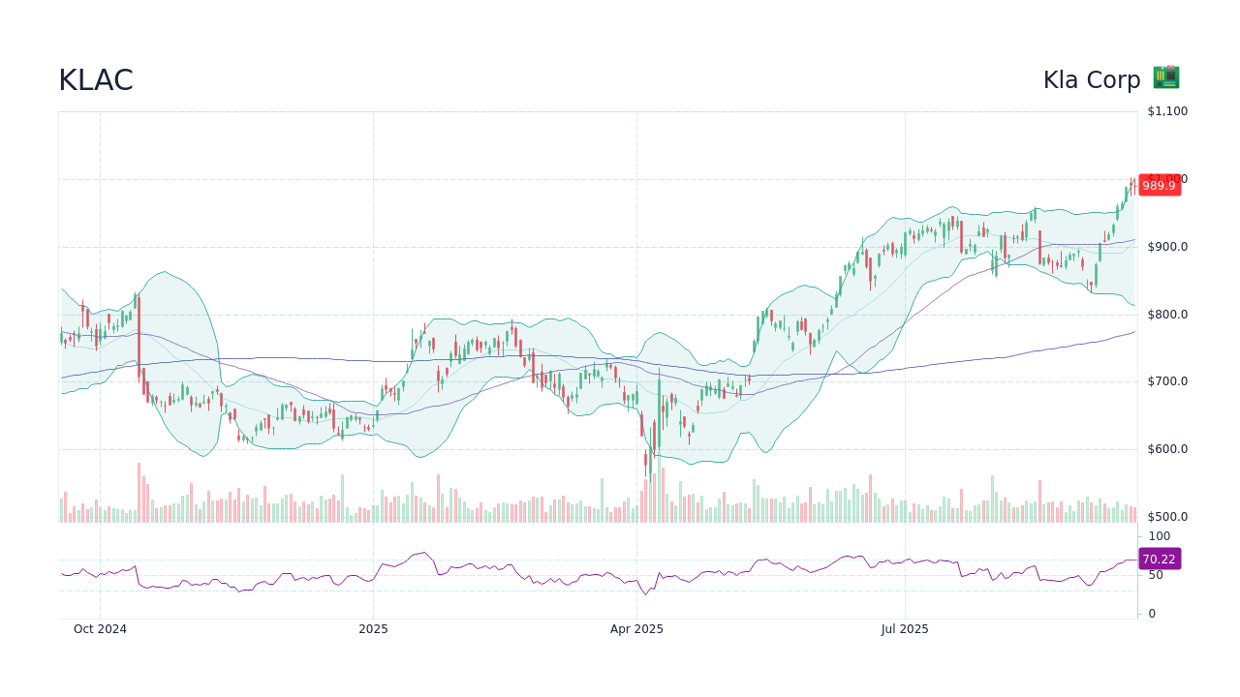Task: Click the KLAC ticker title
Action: (x=96, y=80)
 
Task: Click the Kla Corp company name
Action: (x=1092, y=80)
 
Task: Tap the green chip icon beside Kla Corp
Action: (x=1165, y=78)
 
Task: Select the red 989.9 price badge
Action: (x=1159, y=185)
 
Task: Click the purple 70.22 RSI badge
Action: (x=1159, y=559)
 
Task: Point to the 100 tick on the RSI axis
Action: (x=1159, y=536)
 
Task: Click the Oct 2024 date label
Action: (x=100, y=629)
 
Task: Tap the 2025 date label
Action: (x=373, y=629)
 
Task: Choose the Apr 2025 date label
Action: (x=636, y=629)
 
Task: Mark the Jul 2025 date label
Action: (x=905, y=629)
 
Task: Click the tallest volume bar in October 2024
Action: (x=139, y=493)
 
